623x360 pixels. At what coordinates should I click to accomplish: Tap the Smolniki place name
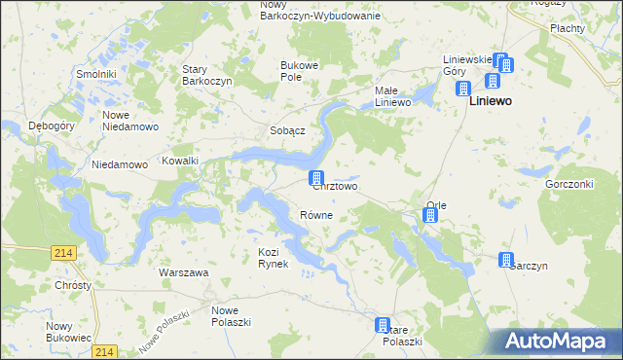tap(97, 74)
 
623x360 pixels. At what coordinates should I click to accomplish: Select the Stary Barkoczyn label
tap(207, 75)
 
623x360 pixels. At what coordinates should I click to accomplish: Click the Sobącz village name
tap(288, 130)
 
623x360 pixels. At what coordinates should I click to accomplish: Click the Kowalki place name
tap(180, 161)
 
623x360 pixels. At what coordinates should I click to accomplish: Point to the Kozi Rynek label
tap(274, 258)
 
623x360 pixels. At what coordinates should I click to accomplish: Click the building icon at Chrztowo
tap(316, 178)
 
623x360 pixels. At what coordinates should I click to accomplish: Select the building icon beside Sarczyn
tap(506, 260)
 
